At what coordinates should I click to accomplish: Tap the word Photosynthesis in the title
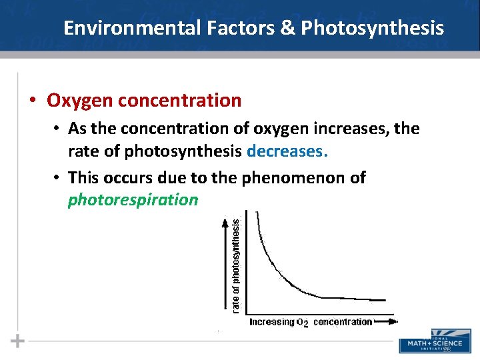click(371, 28)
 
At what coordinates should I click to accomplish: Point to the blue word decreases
click(287, 151)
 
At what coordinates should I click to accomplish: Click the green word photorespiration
click(133, 199)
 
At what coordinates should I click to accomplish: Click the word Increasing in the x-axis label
click(272, 322)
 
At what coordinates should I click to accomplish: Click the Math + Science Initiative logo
click(431, 341)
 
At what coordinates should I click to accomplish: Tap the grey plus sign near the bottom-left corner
click(18, 341)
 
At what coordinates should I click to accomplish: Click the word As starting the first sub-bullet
click(77, 129)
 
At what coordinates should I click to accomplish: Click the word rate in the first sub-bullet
click(82, 151)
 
